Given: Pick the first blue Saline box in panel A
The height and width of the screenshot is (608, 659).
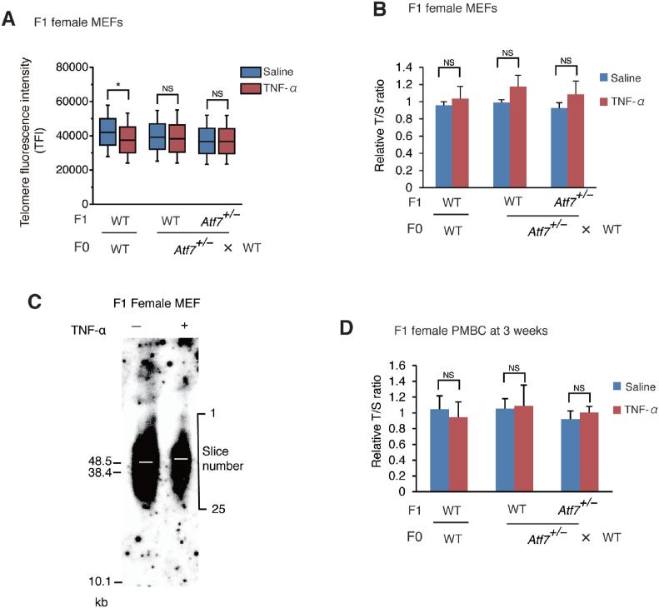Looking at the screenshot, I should click(x=107, y=132).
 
